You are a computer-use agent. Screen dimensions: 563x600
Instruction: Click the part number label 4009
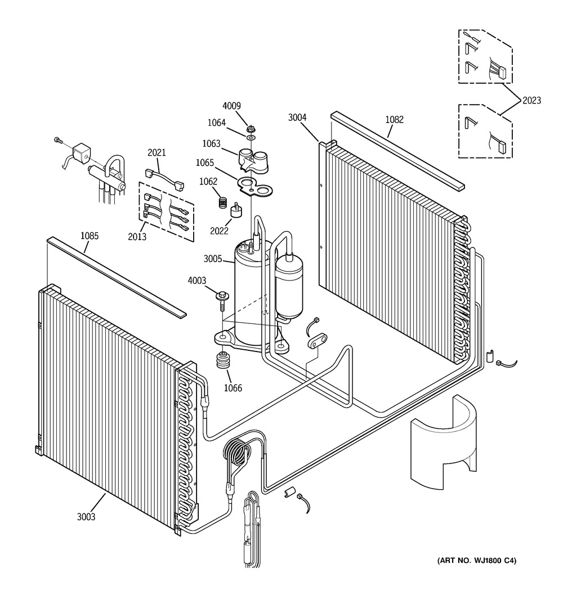click(x=232, y=106)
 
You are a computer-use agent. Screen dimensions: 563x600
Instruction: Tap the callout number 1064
click(x=216, y=123)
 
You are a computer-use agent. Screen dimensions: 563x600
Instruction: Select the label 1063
click(x=212, y=143)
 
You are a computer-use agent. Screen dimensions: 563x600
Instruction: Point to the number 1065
click(x=205, y=163)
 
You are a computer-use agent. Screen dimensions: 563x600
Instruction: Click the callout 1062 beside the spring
click(x=208, y=182)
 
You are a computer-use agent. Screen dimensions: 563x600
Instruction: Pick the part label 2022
click(x=219, y=231)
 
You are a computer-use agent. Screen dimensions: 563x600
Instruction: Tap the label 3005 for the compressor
click(x=213, y=259)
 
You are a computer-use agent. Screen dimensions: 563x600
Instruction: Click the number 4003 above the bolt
click(x=197, y=281)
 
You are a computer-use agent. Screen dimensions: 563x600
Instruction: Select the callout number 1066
click(x=233, y=388)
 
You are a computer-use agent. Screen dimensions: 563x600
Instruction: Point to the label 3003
click(x=86, y=517)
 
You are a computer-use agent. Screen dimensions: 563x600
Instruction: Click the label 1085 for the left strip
click(x=90, y=236)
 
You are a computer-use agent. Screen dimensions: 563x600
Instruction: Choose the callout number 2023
click(x=531, y=100)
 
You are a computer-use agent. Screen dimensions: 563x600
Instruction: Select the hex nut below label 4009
click(x=251, y=128)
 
